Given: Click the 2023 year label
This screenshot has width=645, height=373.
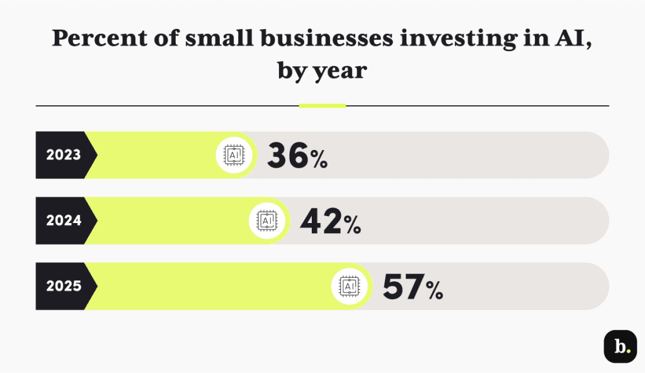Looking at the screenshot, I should (64, 155).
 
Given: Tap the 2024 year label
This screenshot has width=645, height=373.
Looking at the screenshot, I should (64, 221).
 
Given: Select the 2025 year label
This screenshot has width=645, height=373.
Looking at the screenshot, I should (64, 286).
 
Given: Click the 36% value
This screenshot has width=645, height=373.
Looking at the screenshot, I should (297, 156).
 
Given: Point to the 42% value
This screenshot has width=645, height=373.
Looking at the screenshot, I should (330, 221).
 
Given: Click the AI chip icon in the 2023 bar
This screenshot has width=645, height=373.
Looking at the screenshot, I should (234, 155).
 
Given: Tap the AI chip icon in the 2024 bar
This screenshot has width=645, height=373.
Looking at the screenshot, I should (267, 221).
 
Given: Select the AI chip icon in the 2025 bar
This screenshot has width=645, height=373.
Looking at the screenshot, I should (350, 286).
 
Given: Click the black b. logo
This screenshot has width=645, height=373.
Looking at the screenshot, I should (620, 347).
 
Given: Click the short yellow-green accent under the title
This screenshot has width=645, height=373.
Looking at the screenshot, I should (322, 106).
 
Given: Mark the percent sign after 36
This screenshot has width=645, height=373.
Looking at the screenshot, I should (318, 159).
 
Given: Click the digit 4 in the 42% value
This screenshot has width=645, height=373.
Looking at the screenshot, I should (311, 221).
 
